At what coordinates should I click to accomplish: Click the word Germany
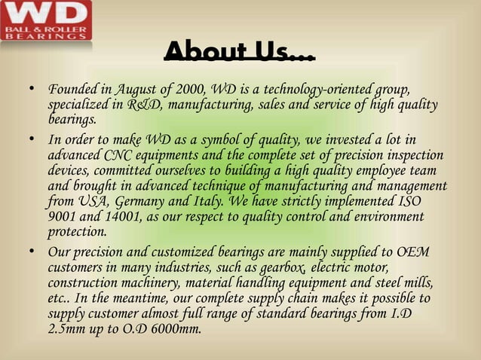coord(142,201)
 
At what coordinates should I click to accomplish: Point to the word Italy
coord(211,201)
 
